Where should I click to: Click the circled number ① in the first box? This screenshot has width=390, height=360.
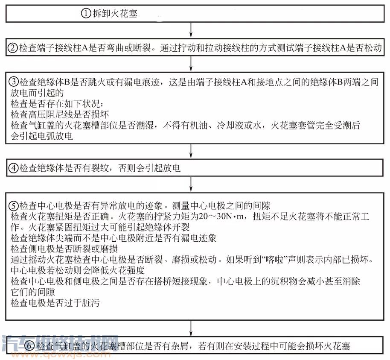(x=86, y=14)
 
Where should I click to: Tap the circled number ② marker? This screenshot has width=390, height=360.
(x=13, y=48)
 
